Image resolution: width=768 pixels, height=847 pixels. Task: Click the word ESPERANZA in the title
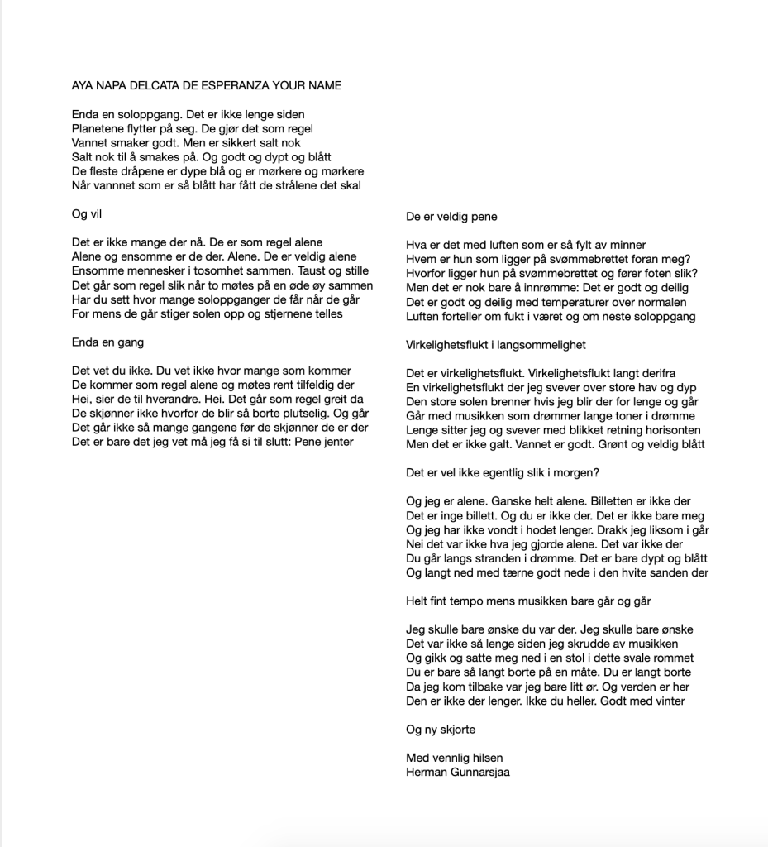coord(236,85)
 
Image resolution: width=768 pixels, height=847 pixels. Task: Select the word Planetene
coord(97,129)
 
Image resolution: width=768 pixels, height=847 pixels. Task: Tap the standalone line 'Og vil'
coord(87,214)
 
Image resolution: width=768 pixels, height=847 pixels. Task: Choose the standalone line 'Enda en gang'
coord(107,342)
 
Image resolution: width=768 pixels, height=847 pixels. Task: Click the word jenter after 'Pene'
coord(335,442)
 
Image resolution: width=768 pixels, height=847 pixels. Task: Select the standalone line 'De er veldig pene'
coord(451,217)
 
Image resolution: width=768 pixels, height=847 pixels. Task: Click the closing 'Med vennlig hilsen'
coord(455,758)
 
